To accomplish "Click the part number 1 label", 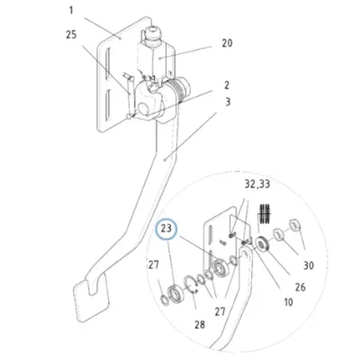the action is [x=71, y=11].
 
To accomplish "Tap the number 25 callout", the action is [x=71, y=35].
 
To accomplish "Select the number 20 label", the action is [x=227, y=43].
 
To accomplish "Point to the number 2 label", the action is [x=227, y=85].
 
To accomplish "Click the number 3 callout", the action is [x=228, y=102].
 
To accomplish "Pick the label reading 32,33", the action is [x=257, y=184].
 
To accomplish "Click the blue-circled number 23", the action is [x=166, y=229].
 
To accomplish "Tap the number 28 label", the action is [x=200, y=324].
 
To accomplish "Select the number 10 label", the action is [x=288, y=302].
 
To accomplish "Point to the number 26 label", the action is [x=300, y=287].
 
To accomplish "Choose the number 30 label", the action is [x=309, y=265].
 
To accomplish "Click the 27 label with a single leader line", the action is [x=154, y=265].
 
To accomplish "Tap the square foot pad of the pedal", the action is [x=92, y=298].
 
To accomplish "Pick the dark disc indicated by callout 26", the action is [x=263, y=244].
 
